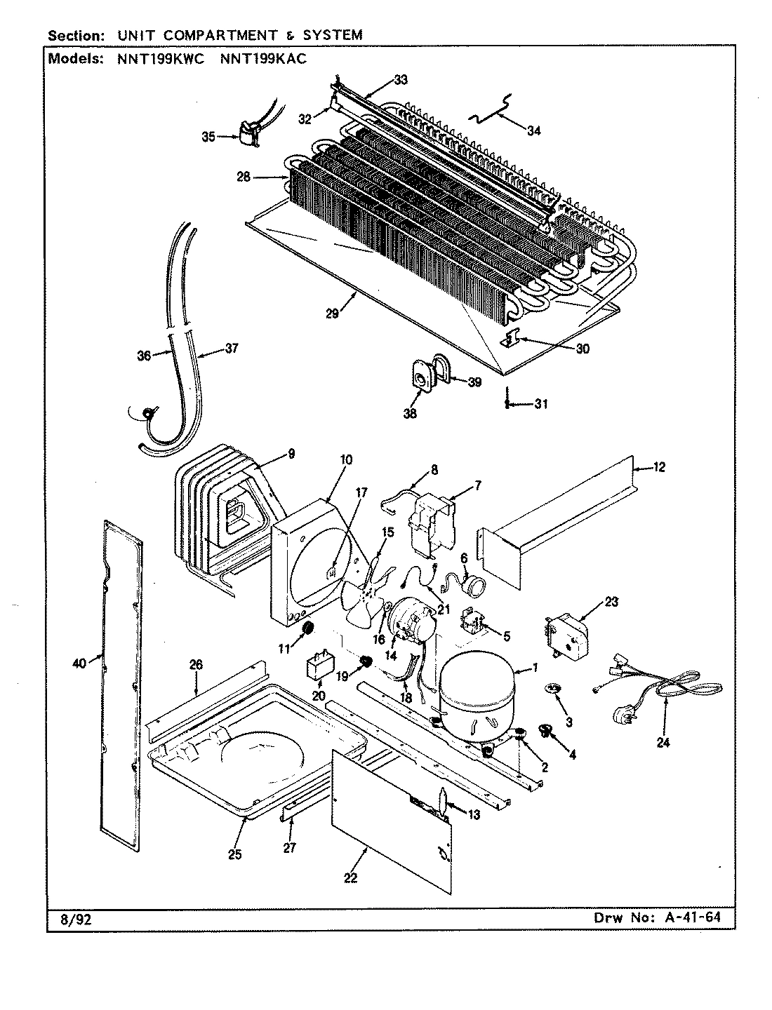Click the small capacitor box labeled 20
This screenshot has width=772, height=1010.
tap(319, 666)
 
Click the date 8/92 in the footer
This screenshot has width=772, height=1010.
tap(65, 917)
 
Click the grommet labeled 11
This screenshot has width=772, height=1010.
tap(306, 631)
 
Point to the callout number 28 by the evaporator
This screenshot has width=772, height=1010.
tap(244, 177)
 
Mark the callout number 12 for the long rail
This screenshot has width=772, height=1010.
tap(658, 467)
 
